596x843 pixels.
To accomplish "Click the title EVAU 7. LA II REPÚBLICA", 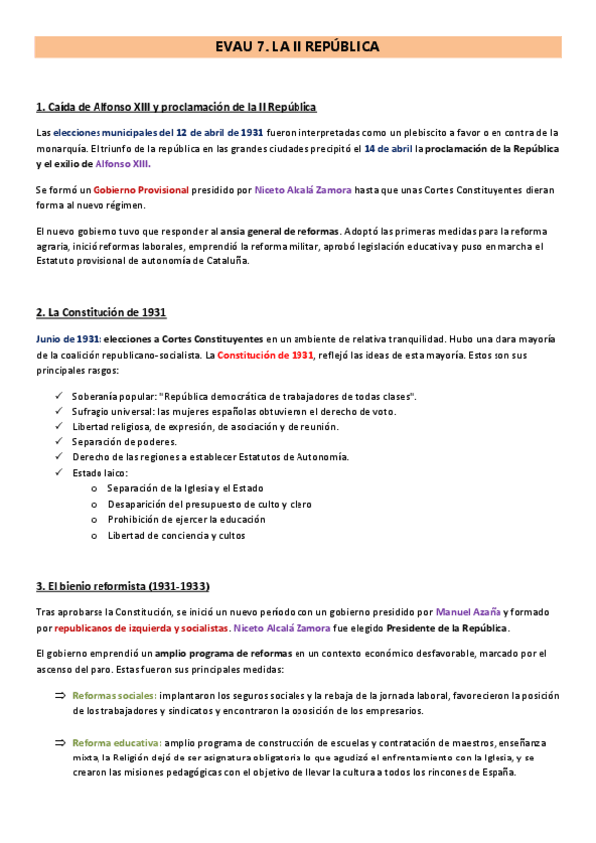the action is [298, 47].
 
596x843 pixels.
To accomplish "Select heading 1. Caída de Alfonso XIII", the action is [176, 107].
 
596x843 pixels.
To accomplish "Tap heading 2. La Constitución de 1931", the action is [100, 312].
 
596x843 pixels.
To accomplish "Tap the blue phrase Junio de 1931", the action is [67, 339].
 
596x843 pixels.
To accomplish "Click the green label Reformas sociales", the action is [114, 694].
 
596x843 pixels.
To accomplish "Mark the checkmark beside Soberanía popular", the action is [59, 396].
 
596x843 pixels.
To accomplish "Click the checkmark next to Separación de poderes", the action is [59, 441].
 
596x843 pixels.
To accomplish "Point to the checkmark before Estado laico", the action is [59, 472].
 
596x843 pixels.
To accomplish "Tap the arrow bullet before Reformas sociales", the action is [59, 694].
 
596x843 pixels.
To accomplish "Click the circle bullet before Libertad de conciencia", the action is [94, 536].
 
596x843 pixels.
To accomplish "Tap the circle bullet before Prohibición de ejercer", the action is [94, 520].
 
